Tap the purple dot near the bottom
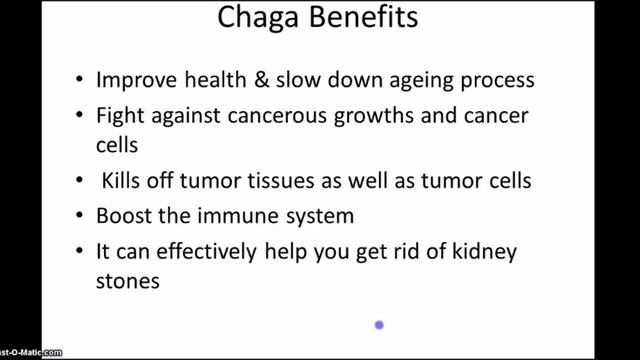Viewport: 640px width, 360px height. click(x=379, y=324)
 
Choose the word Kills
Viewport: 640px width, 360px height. click(x=124, y=182)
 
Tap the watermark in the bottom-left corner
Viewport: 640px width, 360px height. click(x=30, y=353)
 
